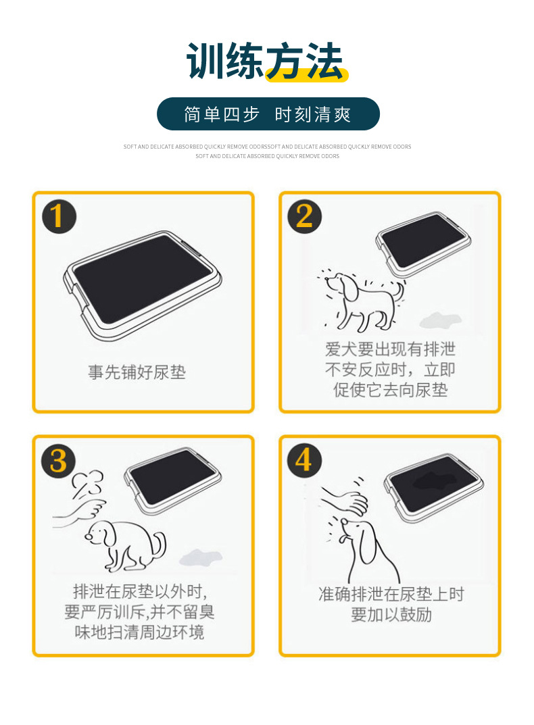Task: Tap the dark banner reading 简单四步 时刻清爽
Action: click(268, 114)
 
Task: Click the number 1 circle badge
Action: click(59, 216)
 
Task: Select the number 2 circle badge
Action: click(304, 216)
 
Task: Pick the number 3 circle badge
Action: click(59, 460)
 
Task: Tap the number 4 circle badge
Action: click(304, 460)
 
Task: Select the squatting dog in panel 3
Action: click(128, 545)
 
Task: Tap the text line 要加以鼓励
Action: click(391, 615)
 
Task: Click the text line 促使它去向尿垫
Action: click(390, 390)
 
